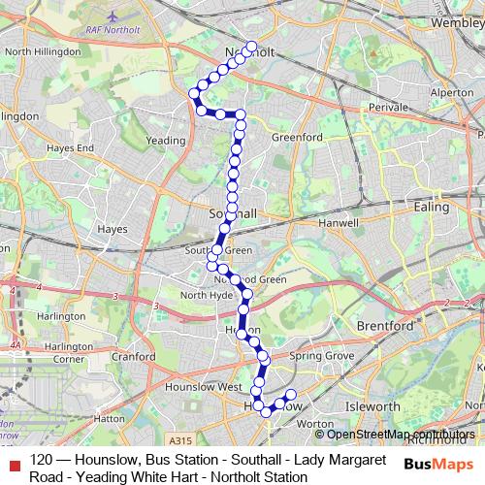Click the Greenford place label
coord(297,138)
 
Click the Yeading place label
coord(165,140)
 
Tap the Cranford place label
coord(134,356)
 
